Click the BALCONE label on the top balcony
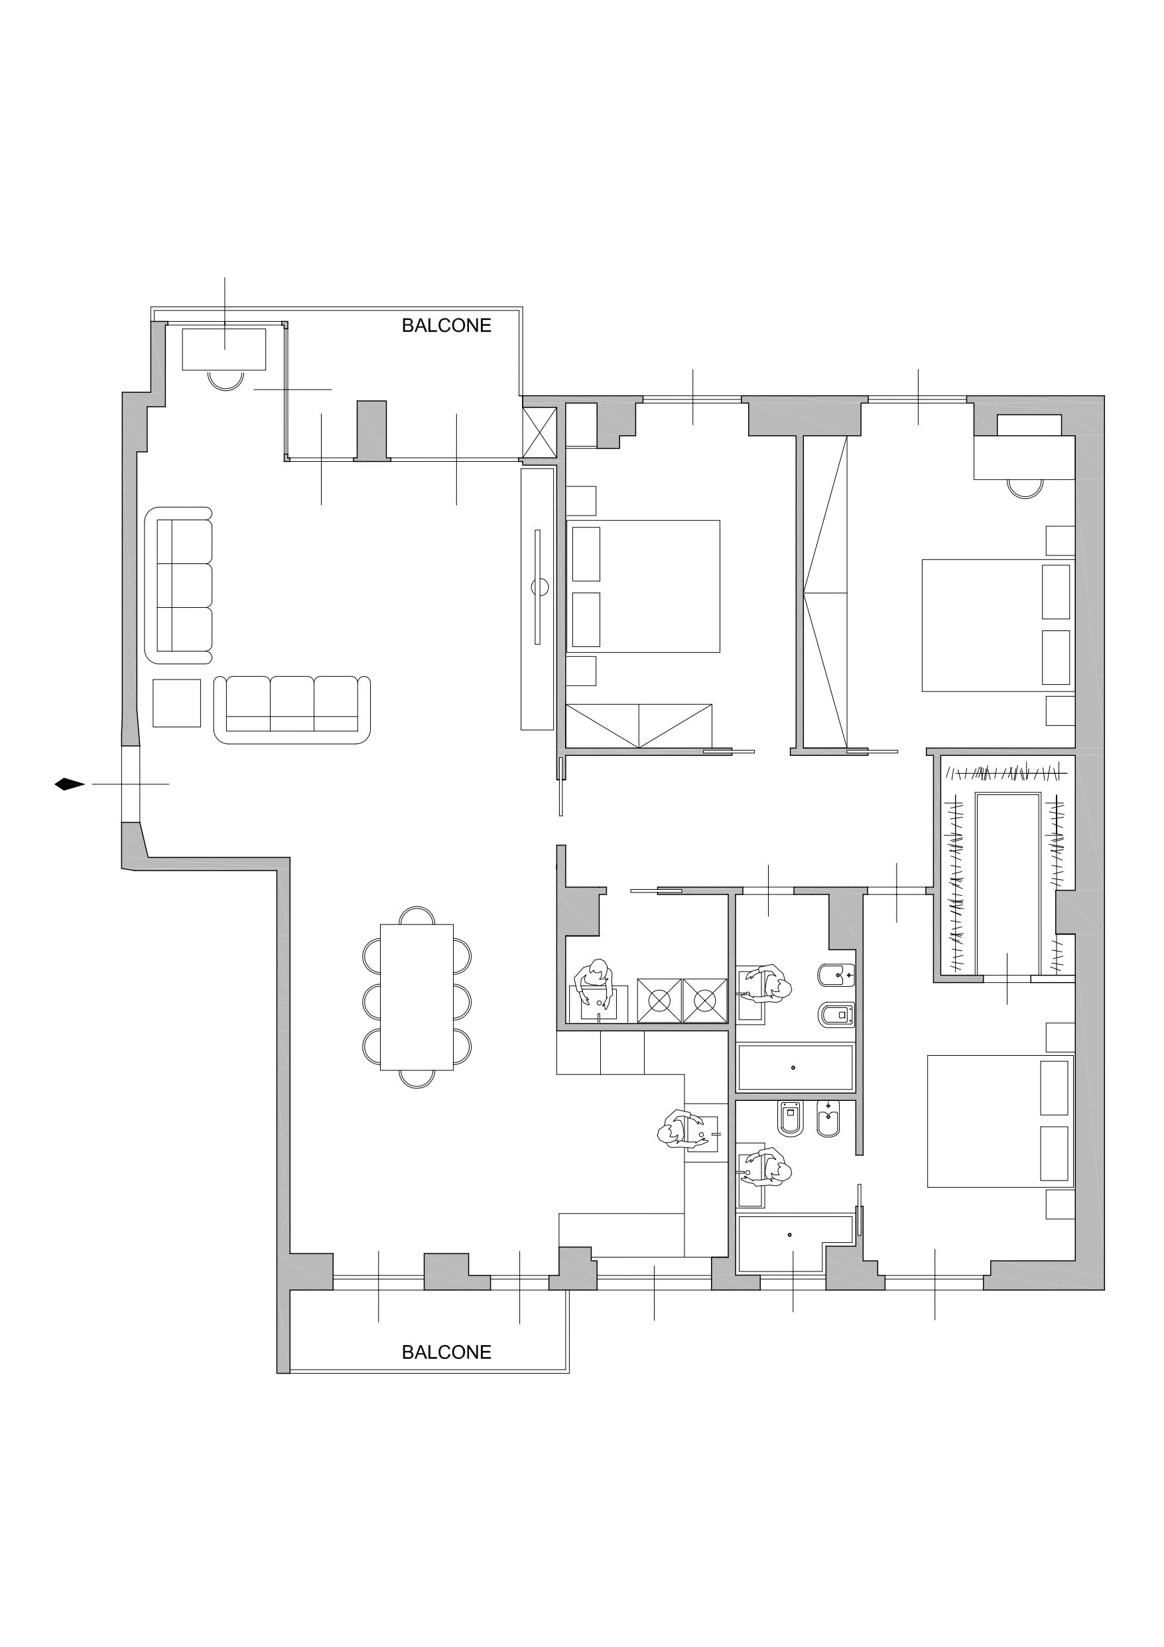pos(446,326)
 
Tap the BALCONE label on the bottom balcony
pos(446,1352)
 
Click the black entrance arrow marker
pos(69,784)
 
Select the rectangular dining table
pos(417,997)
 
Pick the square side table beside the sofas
pos(176,703)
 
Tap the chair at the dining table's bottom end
pos(417,1078)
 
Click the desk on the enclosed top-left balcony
pos(224,348)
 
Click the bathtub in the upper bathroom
pos(795,1068)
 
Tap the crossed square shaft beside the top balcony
pos(539,432)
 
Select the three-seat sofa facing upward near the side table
pos(292,709)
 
